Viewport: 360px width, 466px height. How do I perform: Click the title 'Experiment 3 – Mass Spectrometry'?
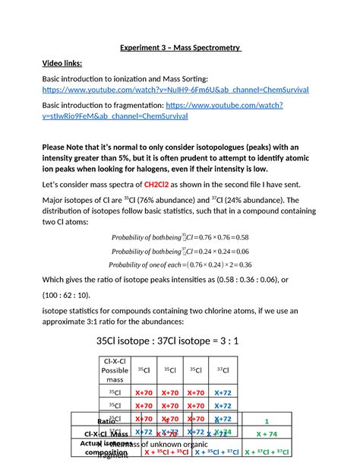coord(181,50)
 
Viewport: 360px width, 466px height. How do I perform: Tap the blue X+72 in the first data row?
coord(223,393)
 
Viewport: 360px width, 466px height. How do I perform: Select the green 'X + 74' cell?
coord(266,434)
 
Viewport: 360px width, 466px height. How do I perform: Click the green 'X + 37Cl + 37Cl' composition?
coord(266,452)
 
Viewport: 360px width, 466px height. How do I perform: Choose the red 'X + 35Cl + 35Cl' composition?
coord(166,452)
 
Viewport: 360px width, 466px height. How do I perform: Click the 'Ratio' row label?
coord(106,420)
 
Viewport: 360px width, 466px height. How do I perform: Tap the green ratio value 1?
coord(267,420)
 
